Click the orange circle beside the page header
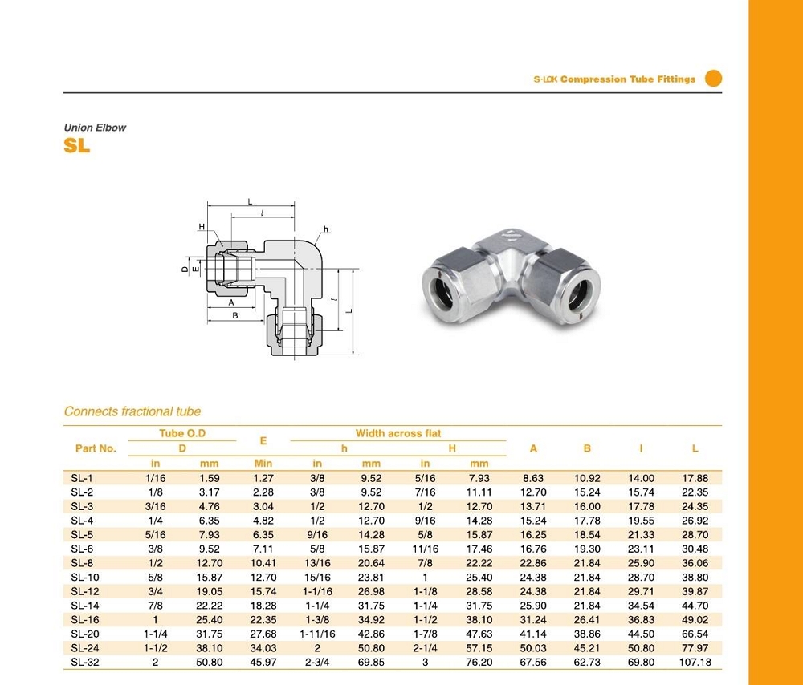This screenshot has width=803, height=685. coord(713,79)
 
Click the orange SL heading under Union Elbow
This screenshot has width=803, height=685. coord(77,146)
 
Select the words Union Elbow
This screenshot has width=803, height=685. coord(95,128)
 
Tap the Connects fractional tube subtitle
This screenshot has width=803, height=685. coord(132,411)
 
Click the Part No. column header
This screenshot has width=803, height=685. coord(96,448)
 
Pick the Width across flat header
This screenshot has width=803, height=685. coord(398,433)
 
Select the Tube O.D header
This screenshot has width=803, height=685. coord(182,433)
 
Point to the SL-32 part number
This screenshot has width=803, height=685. coord(85,662)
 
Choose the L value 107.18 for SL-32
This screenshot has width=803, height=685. coord(695,662)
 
